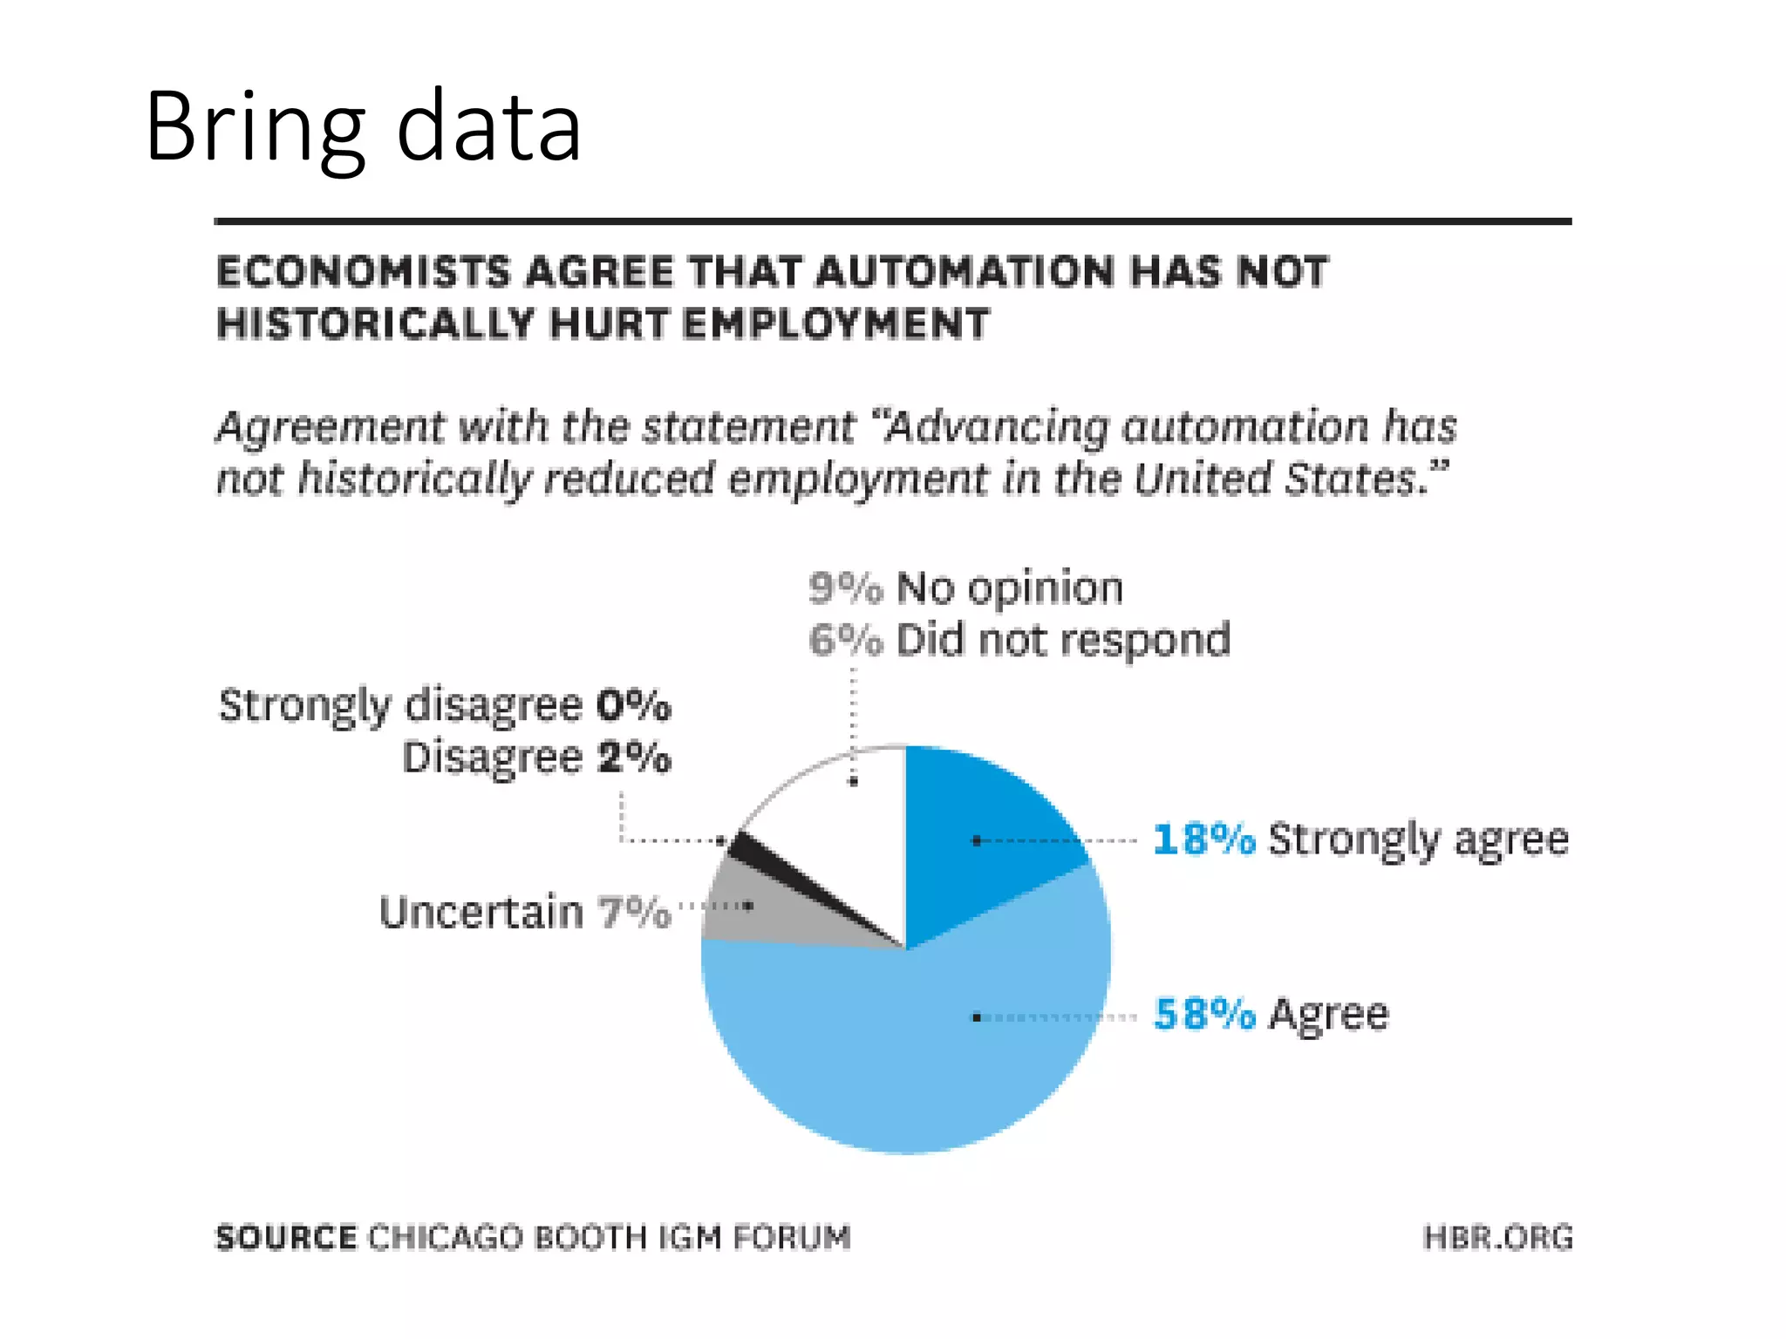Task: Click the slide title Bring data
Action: pos(363,127)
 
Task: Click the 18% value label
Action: pos(1203,839)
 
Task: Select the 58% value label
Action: pos(1203,1014)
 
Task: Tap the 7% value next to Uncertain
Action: pos(634,913)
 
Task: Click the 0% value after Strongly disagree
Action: pos(634,704)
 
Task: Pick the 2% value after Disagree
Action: pos(634,757)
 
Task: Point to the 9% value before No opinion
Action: pos(845,588)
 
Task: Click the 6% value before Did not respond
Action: pos(845,640)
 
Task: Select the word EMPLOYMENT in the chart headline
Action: pos(835,323)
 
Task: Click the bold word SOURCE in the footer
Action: pos(286,1237)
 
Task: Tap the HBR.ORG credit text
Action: pos(1497,1237)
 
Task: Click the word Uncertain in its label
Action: pos(481,913)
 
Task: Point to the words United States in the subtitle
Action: pos(1282,479)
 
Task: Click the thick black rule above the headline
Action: pos(893,221)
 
